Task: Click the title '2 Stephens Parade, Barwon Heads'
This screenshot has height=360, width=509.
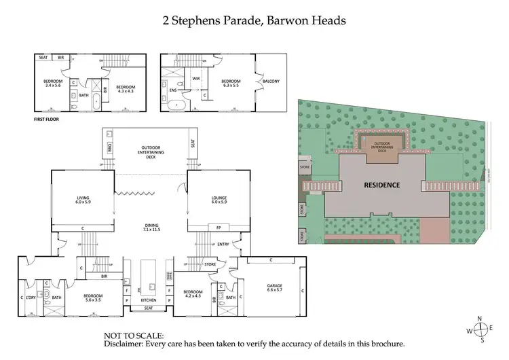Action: coord(254,20)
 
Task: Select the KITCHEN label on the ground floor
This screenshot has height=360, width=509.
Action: coord(148,300)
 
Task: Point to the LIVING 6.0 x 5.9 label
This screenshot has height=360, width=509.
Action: coord(83,200)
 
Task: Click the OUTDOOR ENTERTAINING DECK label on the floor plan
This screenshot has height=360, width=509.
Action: coord(150,151)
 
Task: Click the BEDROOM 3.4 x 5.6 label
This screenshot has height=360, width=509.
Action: coord(52,84)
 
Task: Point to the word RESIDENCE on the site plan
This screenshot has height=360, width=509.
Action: coord(381,185)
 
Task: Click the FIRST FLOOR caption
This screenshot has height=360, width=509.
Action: coord(48,118)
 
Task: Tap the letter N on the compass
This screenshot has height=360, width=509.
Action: coord(479,319)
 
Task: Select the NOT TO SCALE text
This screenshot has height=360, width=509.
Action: coord(134,336)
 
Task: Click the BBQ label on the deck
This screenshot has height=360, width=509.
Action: coord(109,146)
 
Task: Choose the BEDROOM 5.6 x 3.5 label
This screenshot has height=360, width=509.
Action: coord(93,297)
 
